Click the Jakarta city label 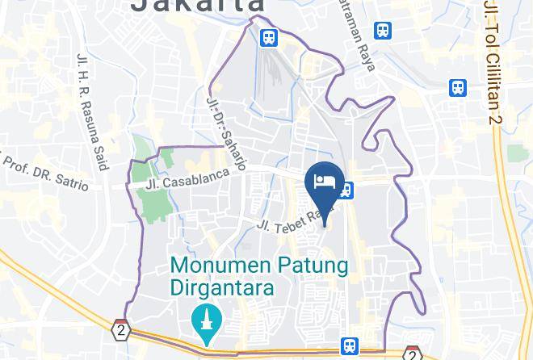[197, 6]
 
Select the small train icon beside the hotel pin [346, 190]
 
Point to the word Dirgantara [222, 287]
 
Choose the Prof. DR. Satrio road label [45, 170]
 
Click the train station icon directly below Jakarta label [269, 37]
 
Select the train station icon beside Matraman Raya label [384, 31]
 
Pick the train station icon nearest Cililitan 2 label [459, 87]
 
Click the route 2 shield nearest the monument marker [121, 330]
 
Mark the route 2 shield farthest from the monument [412, 354]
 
